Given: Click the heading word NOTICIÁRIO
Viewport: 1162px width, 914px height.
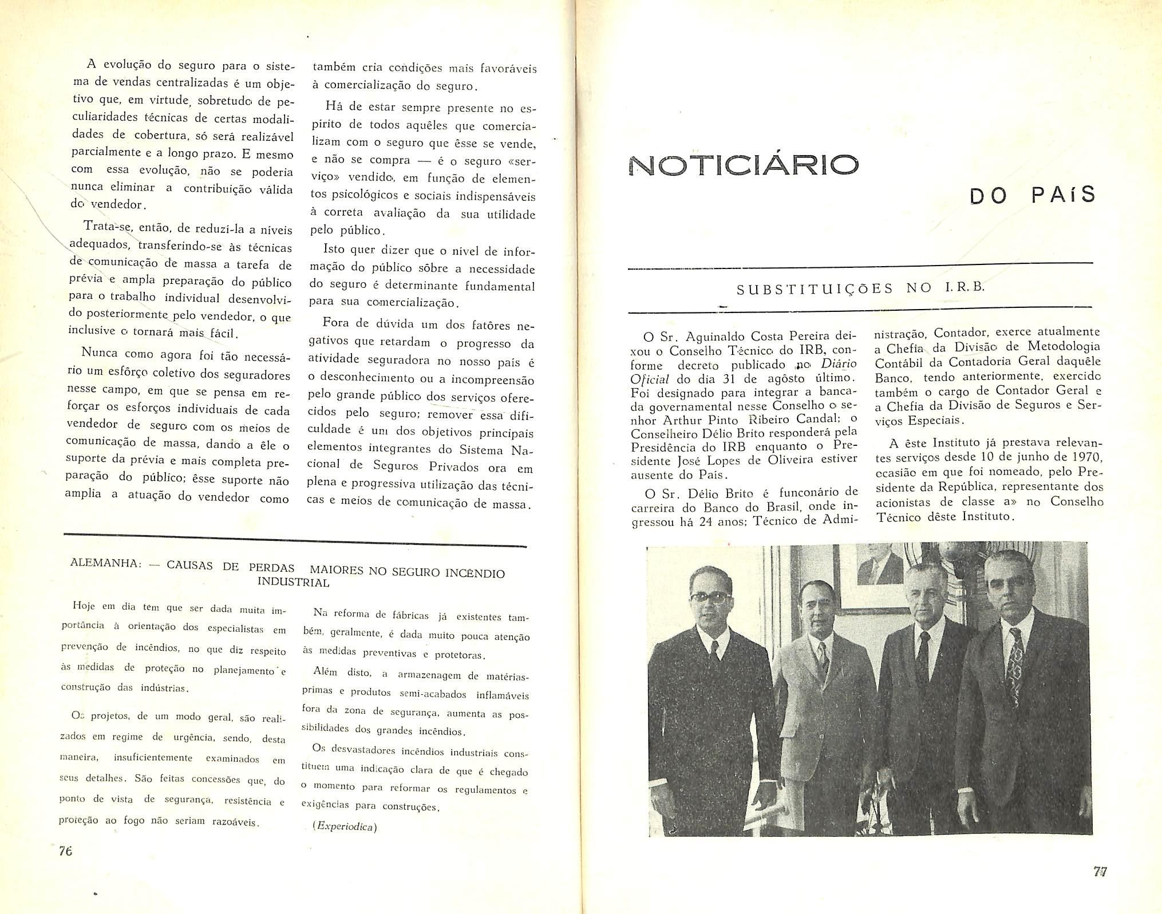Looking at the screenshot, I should coord(743,165).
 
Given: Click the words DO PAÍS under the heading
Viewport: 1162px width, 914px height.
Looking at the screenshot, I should coord(1032,196).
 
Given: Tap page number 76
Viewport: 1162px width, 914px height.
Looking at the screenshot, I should coord(66,851).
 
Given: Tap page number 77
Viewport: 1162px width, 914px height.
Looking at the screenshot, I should coord(1100,872).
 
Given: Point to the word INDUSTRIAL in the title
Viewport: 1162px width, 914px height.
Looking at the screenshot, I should coord(293,583).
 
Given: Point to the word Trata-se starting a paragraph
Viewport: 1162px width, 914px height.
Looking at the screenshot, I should coord(106,227).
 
